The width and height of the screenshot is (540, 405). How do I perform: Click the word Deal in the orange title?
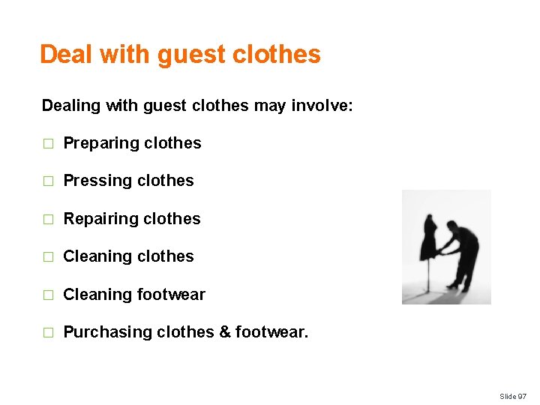[66, 54]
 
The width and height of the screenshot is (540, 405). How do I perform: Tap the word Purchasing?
[107, 332]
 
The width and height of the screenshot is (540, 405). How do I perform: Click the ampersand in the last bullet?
[224, 332]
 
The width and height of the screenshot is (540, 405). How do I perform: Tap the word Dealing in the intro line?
[71, 106]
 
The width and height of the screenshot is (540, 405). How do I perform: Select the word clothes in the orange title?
[277, 54]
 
